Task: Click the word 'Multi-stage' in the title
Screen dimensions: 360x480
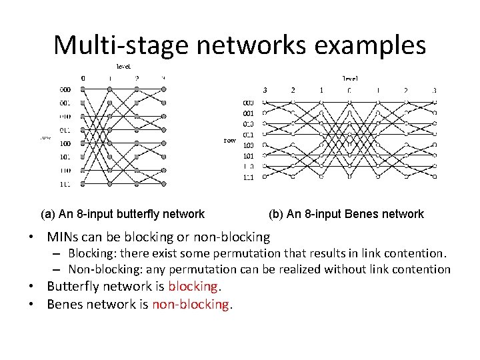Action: coord(113,45)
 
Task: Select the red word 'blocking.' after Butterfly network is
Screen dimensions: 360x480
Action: coord(195,286)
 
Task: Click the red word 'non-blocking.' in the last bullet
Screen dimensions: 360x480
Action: coord(192,304)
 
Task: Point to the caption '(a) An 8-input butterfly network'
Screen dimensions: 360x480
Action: coord(123,214)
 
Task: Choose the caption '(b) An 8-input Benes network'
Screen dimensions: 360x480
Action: coord(346,214)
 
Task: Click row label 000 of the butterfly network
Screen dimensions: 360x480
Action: coord(65,89)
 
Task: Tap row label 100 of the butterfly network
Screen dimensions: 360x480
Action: coord(65,143)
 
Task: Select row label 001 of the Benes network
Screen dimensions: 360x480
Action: coord(247,113)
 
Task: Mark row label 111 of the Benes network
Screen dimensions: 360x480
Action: coord(247,177)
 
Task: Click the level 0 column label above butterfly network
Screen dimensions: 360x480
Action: coord(83,78)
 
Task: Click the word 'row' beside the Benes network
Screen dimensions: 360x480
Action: coord(229,141)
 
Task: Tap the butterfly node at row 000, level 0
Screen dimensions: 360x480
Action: coord(83,89)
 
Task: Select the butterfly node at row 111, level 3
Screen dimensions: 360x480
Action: coord(164,184)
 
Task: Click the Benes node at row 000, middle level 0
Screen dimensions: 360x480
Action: coord(349,102)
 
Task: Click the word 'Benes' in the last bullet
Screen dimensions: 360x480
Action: coord(65,304)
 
